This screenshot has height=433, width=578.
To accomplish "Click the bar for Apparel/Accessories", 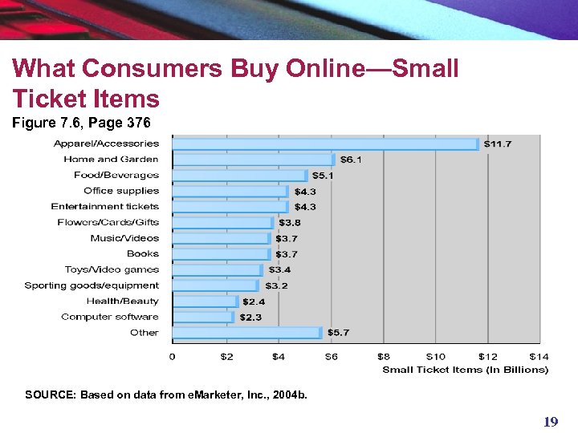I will tap(325, 144).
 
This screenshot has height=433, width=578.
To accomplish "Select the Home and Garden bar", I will tap(253, 160).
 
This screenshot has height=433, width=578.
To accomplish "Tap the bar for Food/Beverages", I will tap(239, 176).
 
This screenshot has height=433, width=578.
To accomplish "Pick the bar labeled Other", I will tap(247, 333).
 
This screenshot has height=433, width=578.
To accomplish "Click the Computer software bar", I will tap(202, 317).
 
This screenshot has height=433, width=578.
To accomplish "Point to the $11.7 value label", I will tap(498, 144).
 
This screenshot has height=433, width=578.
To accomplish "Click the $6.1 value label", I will tap(352, 160).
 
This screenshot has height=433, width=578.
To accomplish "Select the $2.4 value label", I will tap(254, 301).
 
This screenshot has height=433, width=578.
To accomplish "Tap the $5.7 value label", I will tap(338, 333).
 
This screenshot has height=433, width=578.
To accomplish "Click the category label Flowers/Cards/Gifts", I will tap(108, 222).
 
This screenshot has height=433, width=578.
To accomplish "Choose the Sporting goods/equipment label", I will tap(92, 285).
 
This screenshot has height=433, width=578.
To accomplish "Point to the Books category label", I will tap(143, 254).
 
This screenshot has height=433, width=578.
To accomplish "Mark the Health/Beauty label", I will tap(123, 301).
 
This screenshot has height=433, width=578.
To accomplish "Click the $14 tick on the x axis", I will tap(539, 356).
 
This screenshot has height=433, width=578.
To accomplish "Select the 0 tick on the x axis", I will tap(173, 356).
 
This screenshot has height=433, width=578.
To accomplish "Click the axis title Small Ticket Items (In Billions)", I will tap(465, 370).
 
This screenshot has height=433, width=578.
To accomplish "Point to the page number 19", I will tap(550, 422).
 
